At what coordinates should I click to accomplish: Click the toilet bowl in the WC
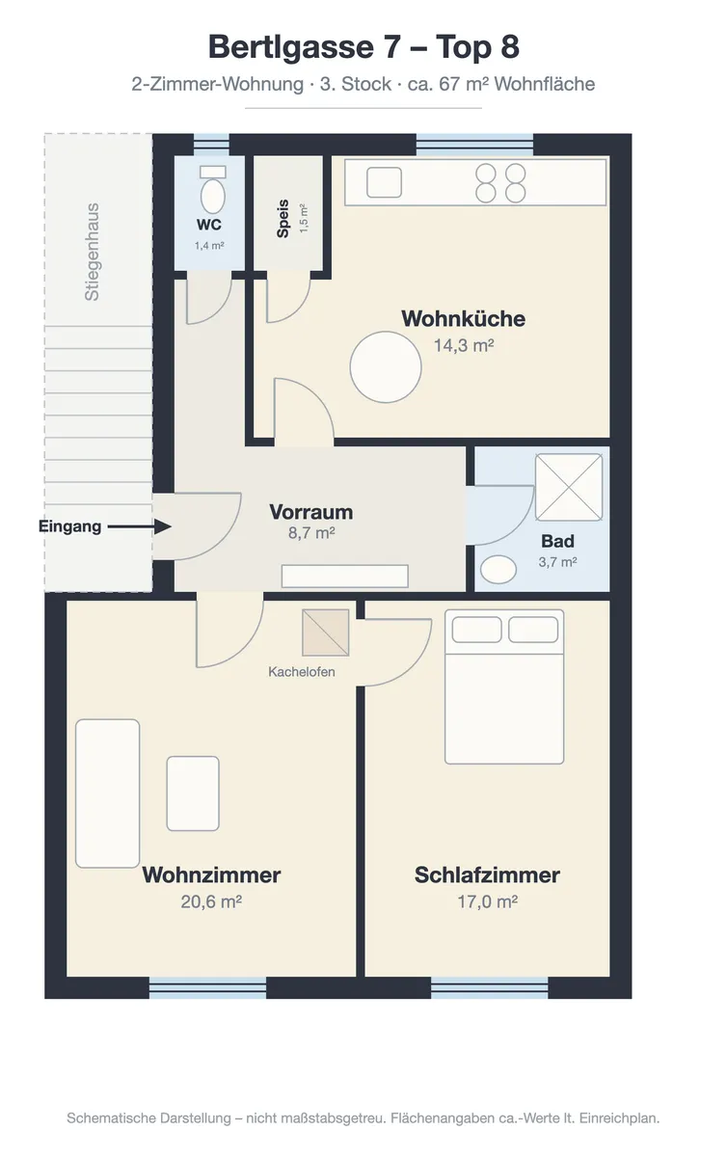pyautogui.click(x=213, y=196)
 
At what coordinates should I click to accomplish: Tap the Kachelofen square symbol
pyautogui.click(x=326, y=632)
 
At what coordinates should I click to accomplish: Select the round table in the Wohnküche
pyautogui.click(x=386, y=366)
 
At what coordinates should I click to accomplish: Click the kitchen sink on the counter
pyautogui.click(x=384, y=182)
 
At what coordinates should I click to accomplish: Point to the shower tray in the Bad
pyautogui.click(x=569, y=487)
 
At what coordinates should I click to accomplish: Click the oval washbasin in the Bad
pyautogui.click(x=498, y=570)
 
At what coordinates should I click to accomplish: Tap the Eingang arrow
pyautogui.click(x=140, y=526)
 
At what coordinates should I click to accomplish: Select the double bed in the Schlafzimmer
pyautogui.click(x=504, y=686)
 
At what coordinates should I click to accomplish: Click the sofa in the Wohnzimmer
pyautogui.click(x=107, y=794)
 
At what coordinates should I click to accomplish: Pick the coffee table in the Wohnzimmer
pyautogui.click(x=193, y=794)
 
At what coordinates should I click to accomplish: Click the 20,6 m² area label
pyautogui.click(x=211, y=901)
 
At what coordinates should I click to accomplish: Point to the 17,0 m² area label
pyautogui.click(x=487, y=901)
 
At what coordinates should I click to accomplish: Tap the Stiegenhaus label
pyautogui.click(x=92, y=252)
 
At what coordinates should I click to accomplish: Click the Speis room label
pyautogui.click(x=283, y=219)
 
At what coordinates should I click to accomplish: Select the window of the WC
pyautogui.click(x=211, y=144)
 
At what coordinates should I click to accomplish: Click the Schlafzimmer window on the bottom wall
pyautogui.click(x=489, y=987)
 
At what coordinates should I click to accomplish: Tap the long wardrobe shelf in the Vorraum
pyautogui.click(x=344, y=576)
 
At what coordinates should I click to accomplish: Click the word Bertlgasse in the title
pyautogui.click(x=291, y=47)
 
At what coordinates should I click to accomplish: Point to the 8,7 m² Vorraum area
pyautogui.click(x=311, y=532)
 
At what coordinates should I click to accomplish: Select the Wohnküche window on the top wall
pyautogui.click(x=474, y=144)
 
